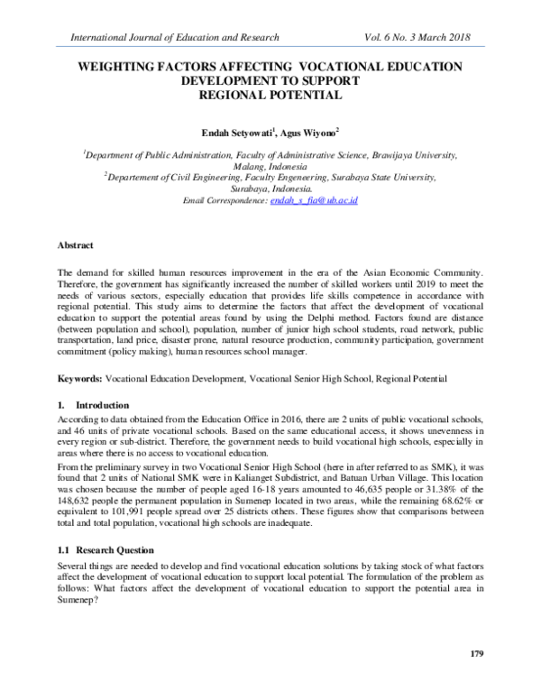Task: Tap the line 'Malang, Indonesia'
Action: click(270, 167)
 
